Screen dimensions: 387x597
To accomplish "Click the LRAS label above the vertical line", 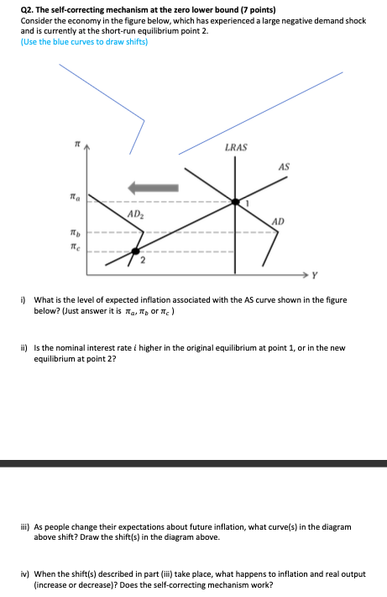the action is (x=237, y=148).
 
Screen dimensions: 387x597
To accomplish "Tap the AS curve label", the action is (x=283, y=166).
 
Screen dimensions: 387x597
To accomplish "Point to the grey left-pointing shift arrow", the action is (x=151, y=187).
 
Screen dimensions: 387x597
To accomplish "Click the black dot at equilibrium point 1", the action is (x=236, y=202).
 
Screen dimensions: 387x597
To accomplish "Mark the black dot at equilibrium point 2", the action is (x=134, y=251).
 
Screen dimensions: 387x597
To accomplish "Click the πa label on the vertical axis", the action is (x=76, y=198).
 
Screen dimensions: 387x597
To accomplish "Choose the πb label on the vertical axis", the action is (x=76, y=231).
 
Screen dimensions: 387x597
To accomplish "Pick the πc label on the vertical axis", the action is (x=76, y=247).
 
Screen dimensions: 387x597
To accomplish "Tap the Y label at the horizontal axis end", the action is (x=316, y=274).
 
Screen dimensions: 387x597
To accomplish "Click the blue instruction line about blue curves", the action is (x=84, y=41).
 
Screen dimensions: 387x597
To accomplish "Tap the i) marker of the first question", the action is (x=24, y=299).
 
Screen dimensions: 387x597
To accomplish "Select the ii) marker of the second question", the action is (x=24, y=347).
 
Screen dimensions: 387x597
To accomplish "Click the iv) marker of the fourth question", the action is (x=25, y=573).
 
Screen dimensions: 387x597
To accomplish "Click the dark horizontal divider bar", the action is (x=193, y=463).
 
